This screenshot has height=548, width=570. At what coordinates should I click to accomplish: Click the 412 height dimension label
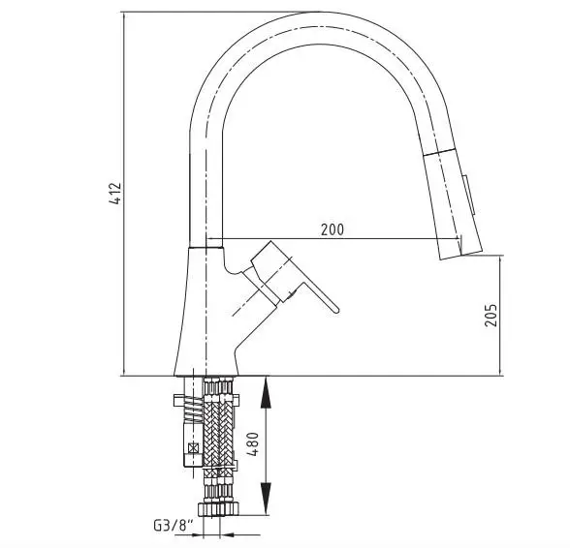(116, 193)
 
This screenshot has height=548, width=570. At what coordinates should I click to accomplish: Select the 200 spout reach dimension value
(332, 229)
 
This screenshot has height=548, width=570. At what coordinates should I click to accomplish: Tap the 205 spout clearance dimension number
(491, 315)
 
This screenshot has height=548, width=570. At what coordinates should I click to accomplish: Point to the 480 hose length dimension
(253, 443)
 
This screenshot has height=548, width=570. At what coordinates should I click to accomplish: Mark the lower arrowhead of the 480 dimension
(267, 499)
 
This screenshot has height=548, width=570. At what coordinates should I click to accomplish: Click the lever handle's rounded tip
(335, 310)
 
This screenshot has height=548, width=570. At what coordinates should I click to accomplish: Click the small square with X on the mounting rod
(194, 447)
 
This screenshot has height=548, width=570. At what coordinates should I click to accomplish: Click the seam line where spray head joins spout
(440, 152)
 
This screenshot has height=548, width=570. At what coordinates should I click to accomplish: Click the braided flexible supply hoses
(218, 429)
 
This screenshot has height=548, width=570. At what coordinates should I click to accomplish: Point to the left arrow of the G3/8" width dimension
(197, 534)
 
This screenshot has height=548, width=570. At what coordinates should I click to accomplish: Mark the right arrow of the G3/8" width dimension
(227, 534)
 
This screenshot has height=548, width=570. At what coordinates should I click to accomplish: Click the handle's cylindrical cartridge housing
(271, 271)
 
